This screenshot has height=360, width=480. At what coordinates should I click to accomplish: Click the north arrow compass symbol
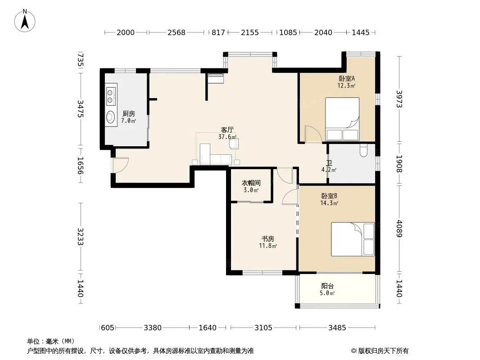25,21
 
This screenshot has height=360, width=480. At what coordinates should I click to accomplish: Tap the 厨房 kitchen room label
129,114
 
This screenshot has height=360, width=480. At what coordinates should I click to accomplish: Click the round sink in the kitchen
110,117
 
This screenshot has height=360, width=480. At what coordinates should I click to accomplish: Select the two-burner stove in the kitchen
111,95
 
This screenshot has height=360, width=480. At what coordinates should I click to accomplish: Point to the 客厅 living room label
227,130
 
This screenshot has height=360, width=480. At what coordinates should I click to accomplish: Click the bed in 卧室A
342,119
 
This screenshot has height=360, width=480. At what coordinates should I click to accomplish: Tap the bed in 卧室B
353,239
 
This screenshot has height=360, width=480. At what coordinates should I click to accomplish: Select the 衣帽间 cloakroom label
251,183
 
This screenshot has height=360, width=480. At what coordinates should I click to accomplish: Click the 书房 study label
267,238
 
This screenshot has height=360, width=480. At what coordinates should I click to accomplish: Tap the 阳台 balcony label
327,286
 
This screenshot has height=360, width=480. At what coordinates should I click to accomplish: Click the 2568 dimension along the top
177,32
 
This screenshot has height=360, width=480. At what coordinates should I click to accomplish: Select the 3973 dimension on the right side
399,99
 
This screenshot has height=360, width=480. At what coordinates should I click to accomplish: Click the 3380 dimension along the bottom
153,328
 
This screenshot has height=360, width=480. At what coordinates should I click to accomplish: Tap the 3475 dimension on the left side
80,108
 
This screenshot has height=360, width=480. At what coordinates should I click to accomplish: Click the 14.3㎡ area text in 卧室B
329,203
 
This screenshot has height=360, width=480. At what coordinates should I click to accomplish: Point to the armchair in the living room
234,144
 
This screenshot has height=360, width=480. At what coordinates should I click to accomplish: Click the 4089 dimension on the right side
399,229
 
